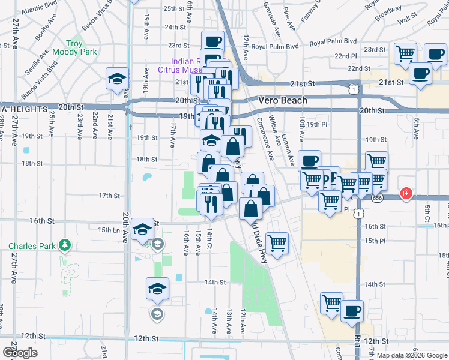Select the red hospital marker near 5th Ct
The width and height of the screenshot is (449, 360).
[x=406, y=194]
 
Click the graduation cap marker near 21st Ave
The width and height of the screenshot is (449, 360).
[x=117, y=78]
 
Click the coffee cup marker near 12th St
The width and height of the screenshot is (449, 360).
[x=352, y=311]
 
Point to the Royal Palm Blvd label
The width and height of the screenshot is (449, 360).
[x=274, y=46]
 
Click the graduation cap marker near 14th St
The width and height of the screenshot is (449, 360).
[x=157, y=289]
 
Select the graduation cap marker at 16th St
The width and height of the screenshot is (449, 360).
[x=143, y=229]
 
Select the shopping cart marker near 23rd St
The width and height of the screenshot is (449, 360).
[x=406, y=53]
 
